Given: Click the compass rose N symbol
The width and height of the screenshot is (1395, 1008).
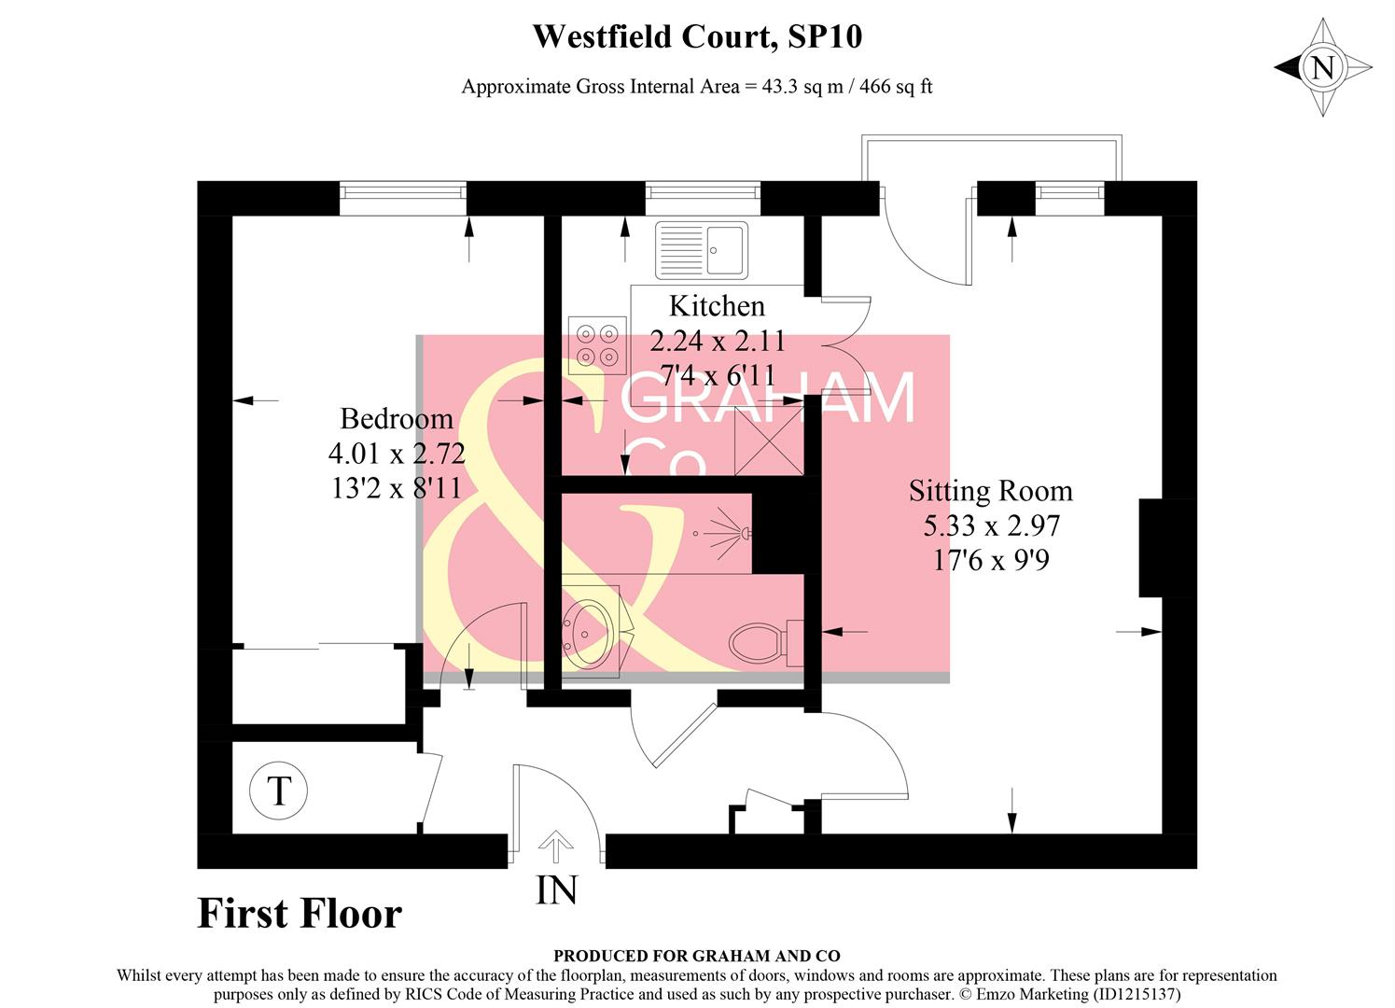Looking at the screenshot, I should click(x=1323, y=67).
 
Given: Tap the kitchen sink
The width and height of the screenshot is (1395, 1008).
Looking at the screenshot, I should click(x=701, y=250).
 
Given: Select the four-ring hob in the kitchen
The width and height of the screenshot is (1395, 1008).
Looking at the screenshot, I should click(x=597, y=343).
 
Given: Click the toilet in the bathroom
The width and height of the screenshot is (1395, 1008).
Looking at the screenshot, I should click(x=758, y=643).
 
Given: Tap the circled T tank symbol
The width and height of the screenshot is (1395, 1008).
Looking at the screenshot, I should click(x=278, y=791).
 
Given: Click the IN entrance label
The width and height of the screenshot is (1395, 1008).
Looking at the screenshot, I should click(x=556, y=890).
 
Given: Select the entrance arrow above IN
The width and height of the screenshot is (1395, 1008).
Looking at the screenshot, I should click(x=556, y=847).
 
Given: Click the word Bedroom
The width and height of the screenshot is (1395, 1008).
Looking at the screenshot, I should click(x=397, y=418).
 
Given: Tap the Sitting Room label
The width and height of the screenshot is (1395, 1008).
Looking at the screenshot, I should click(x=991, y=490).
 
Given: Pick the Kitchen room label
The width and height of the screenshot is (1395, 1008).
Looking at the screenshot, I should click(x=717, y=305).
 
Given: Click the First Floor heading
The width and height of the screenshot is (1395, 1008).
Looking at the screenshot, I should click(x=300, y=913).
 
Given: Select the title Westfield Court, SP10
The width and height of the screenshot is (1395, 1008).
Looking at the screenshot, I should click(x=697, y=37).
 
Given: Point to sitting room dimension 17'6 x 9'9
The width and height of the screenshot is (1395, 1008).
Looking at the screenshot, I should click(x=991, y=560).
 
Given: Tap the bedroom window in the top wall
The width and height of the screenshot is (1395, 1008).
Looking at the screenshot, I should click(x=403, y=191).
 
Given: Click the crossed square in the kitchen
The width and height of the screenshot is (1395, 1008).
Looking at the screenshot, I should click(x=769, y=441).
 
